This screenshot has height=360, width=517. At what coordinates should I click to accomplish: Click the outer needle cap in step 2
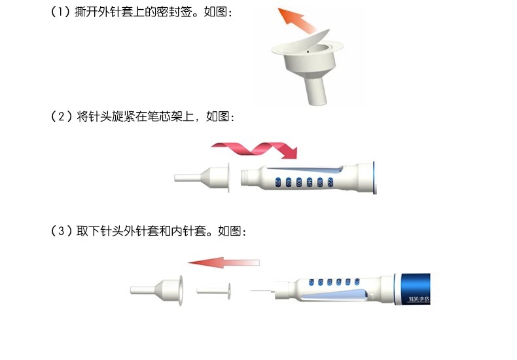point(203,177)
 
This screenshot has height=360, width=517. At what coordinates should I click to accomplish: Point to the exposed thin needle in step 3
point(260,289)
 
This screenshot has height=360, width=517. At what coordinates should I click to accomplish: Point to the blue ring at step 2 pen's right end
point(374,177)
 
